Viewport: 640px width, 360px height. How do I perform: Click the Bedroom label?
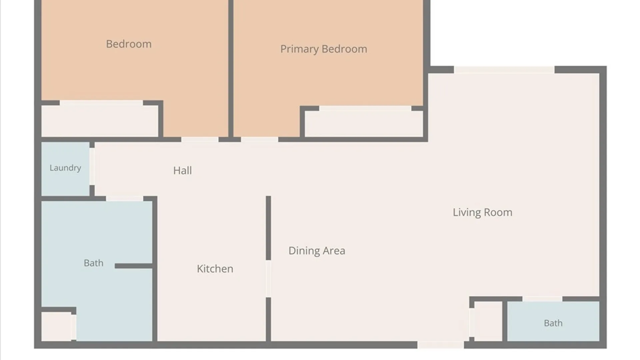[129, 44]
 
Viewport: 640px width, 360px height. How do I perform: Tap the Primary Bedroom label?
[324, 49]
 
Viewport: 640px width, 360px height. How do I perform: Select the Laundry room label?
[65, 168]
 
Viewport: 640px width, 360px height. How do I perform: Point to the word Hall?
[182, 171]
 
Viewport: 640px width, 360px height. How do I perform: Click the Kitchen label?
[215, 269]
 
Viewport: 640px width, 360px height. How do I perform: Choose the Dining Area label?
[317, 251]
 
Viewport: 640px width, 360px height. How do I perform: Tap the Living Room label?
[482, 212]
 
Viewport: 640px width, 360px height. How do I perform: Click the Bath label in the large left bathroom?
[93, 263]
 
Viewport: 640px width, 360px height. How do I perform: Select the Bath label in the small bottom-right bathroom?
[553, 323]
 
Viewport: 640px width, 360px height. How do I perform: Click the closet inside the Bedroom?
[100, 121]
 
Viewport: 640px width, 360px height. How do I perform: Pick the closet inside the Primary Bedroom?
[364, 124]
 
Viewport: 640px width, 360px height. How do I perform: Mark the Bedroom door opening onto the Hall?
[200, 139]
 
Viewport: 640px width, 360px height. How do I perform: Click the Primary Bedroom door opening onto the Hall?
[260, 139]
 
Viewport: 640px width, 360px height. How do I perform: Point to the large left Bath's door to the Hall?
[125, 199]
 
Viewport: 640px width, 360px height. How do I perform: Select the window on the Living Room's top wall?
[504, 70]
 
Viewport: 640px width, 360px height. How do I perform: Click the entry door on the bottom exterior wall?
[441, 345]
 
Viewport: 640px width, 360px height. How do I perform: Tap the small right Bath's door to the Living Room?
[542, 299]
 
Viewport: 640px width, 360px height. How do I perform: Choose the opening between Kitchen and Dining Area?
[268, 279]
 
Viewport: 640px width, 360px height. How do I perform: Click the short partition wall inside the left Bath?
[134, 266]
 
